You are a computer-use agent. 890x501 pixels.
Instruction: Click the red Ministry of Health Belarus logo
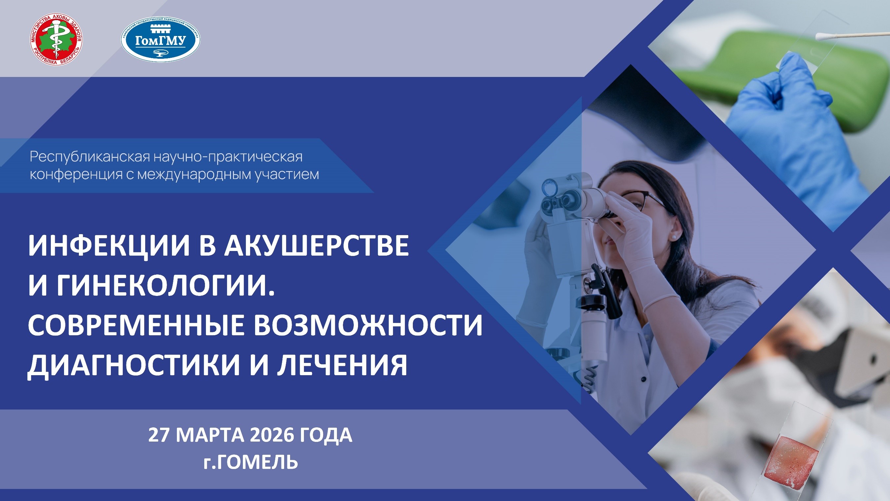click(x=56, y=39)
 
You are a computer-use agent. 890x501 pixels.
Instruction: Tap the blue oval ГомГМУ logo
click(x=161, y=39)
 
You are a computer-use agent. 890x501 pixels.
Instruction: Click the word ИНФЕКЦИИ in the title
click(x=109, y=246)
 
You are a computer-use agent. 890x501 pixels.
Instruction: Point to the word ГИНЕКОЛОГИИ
click(x=166, y=286)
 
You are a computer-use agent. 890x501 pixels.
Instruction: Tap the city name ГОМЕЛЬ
click(x=258, y=462)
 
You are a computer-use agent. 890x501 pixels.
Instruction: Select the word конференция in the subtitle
click(x=76, y=175)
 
